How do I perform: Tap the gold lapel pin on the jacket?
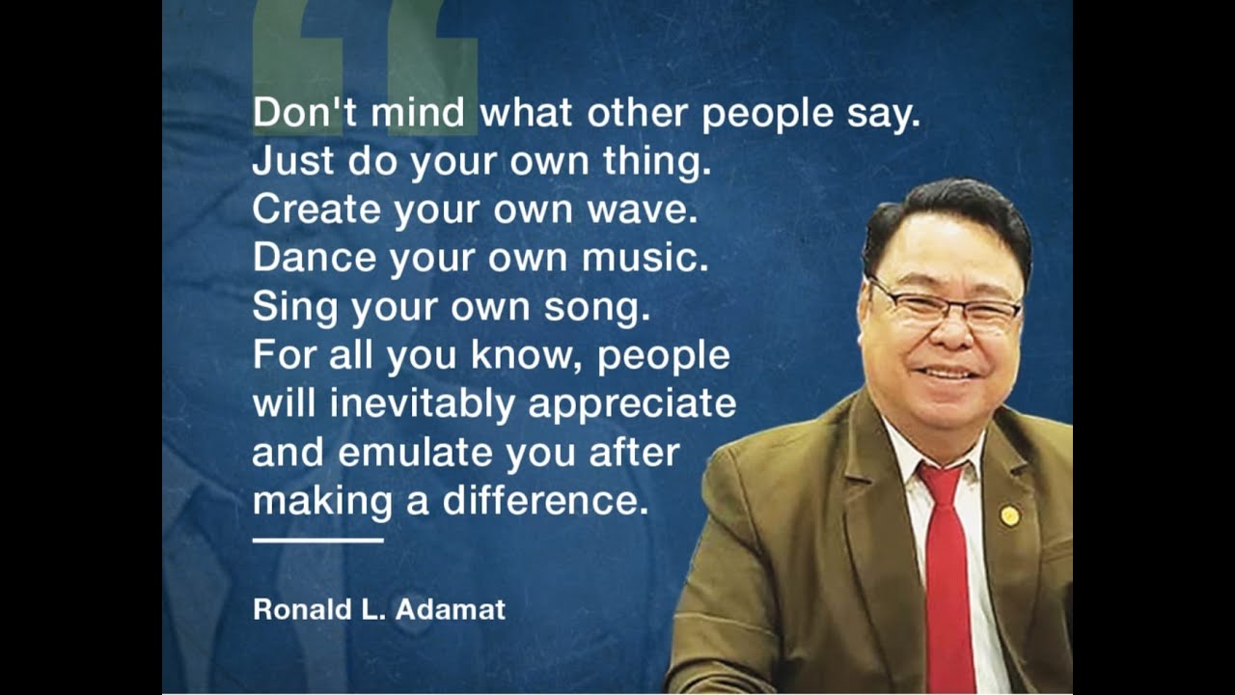point(1009,515)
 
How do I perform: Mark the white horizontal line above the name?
point(317,541)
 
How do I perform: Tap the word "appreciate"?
point(632,403)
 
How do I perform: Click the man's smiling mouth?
point(947,373)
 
